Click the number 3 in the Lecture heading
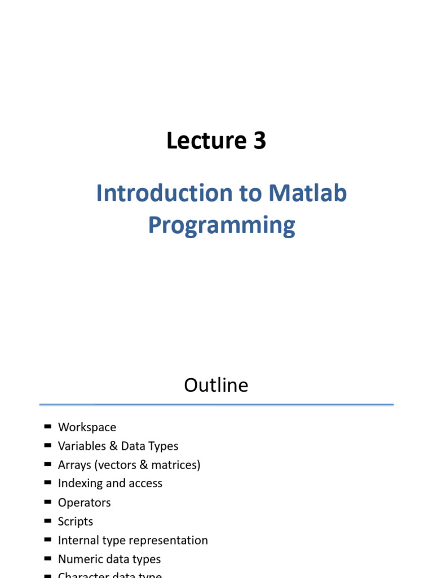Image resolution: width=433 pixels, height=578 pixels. click(x=259, y=141)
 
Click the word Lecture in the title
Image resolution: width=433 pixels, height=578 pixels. click(x=201, y=141)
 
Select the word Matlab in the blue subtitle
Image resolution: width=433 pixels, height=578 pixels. click(x=307, y=194)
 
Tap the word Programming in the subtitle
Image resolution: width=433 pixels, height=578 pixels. click(x=222, y=225)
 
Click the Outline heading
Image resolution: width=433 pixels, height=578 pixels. click(x=216, y=385)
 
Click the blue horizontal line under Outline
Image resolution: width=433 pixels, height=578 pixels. click(x=216, y=404)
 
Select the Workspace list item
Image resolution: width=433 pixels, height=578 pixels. click(x=87, y=427)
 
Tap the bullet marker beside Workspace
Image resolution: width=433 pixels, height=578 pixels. click(x=47, y=427)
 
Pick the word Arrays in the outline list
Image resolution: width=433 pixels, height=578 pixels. click(x=74, y=465)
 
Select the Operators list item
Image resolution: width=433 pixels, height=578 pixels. click(x=85, y=503)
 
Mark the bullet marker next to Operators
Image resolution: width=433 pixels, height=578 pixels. click(x=47, y=502)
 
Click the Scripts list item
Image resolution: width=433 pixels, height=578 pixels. click(x=76, y=522)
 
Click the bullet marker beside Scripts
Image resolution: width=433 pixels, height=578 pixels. click(x=47, y=520)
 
